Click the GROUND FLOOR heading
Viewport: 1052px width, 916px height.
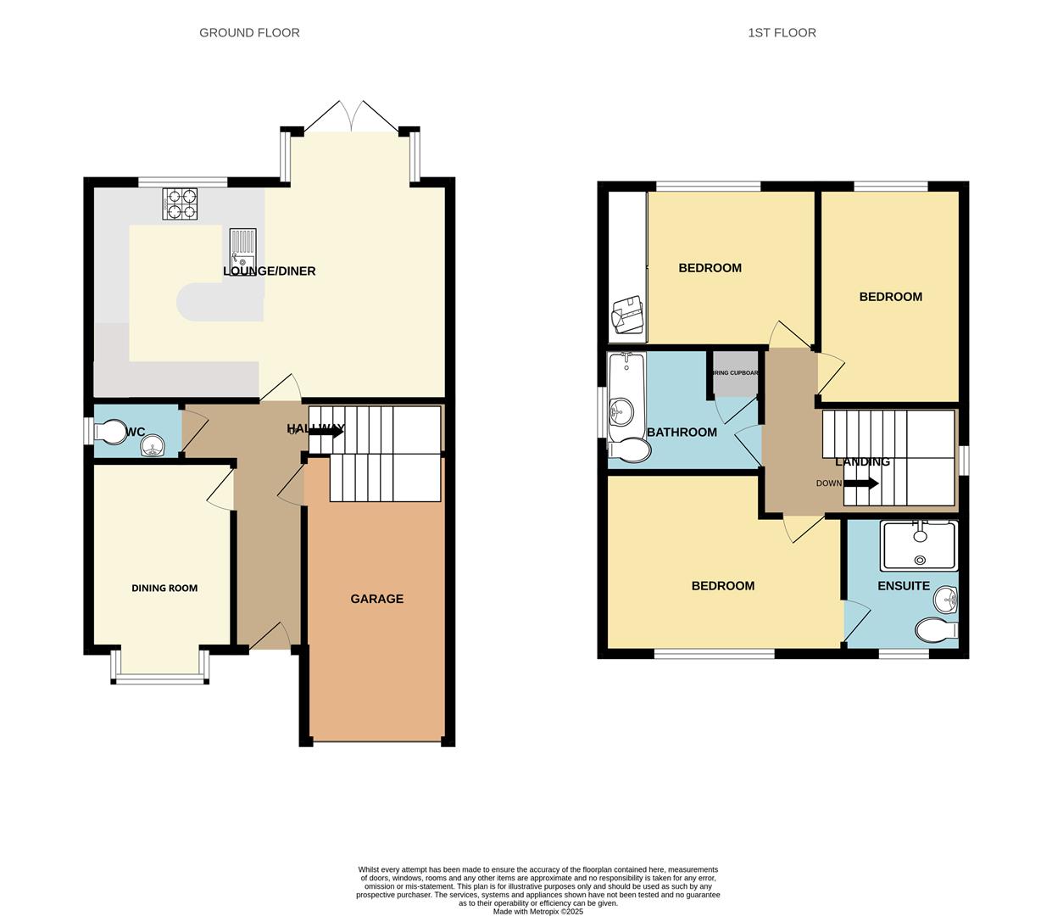[249, 33]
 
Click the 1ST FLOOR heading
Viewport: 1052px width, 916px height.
[782, 33]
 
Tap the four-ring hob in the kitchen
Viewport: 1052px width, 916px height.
[180, 204]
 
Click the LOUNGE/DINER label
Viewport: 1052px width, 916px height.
[270, 271]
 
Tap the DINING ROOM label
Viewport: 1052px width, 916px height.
[164, 588]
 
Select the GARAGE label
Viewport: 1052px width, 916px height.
[377, 599]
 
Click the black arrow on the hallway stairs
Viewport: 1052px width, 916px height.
[326, 432]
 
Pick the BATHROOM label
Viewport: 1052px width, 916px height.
[682, 433]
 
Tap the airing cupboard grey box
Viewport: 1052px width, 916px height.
[735, 374]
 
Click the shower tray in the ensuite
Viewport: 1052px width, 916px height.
[919, 545]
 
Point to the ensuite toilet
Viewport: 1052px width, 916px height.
[935, 630]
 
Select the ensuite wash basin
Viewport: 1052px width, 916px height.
[946, 600]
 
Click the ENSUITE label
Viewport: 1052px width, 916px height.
[904, 586]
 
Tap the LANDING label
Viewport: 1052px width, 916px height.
[862, 462]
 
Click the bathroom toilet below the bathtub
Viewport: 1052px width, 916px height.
[630, 451]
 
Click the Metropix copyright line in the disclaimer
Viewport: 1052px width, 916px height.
[537, 912]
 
